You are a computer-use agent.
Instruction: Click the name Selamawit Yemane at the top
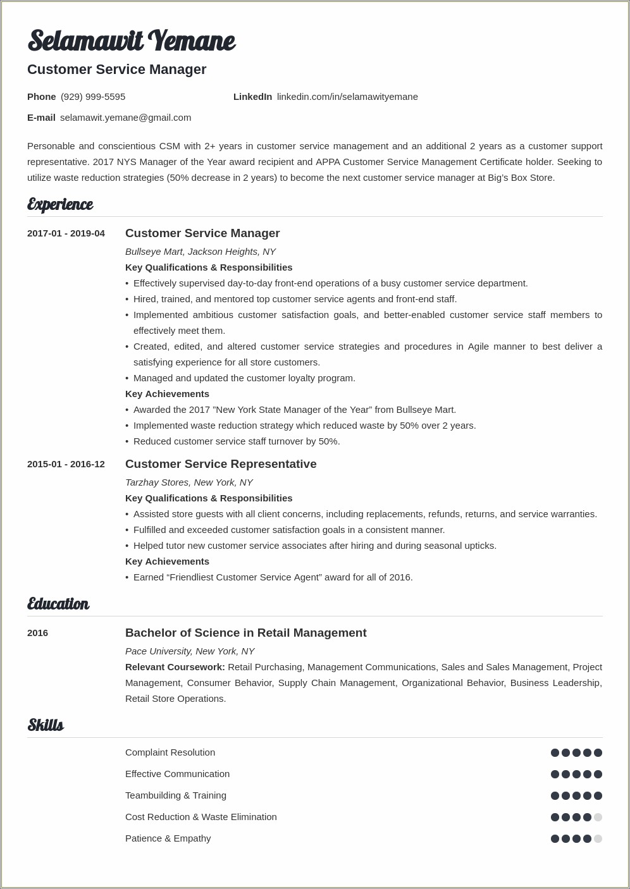point(131,41)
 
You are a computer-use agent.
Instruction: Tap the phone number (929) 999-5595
point(93,97)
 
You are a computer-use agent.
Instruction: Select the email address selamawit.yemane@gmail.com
point(125,118)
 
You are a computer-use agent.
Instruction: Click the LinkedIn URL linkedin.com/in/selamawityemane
point(347,97)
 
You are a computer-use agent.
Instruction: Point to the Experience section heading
point(60,204)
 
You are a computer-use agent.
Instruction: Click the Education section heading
point(58,604)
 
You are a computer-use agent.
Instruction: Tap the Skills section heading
point(46,725)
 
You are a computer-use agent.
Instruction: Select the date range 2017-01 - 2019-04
point(66,233)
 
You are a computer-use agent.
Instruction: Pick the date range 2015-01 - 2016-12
point(66,464)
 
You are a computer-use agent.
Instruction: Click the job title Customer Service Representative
point(221,464)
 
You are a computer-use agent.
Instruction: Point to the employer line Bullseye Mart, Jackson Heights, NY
point(201,252)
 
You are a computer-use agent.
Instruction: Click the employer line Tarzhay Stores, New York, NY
point(189,482)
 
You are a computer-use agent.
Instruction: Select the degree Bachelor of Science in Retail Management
point(245,633)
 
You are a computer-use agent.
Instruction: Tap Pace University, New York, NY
point(190,651)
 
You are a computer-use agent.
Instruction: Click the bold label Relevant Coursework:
point(175,667)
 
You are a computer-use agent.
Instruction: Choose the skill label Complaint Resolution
point(170,752)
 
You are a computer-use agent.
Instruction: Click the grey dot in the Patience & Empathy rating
point(598,838)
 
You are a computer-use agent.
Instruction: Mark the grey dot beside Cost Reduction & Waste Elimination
point(598,817)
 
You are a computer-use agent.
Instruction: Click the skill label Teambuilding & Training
point(176,795)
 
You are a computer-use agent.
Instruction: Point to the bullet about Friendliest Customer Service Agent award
point(273,577)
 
